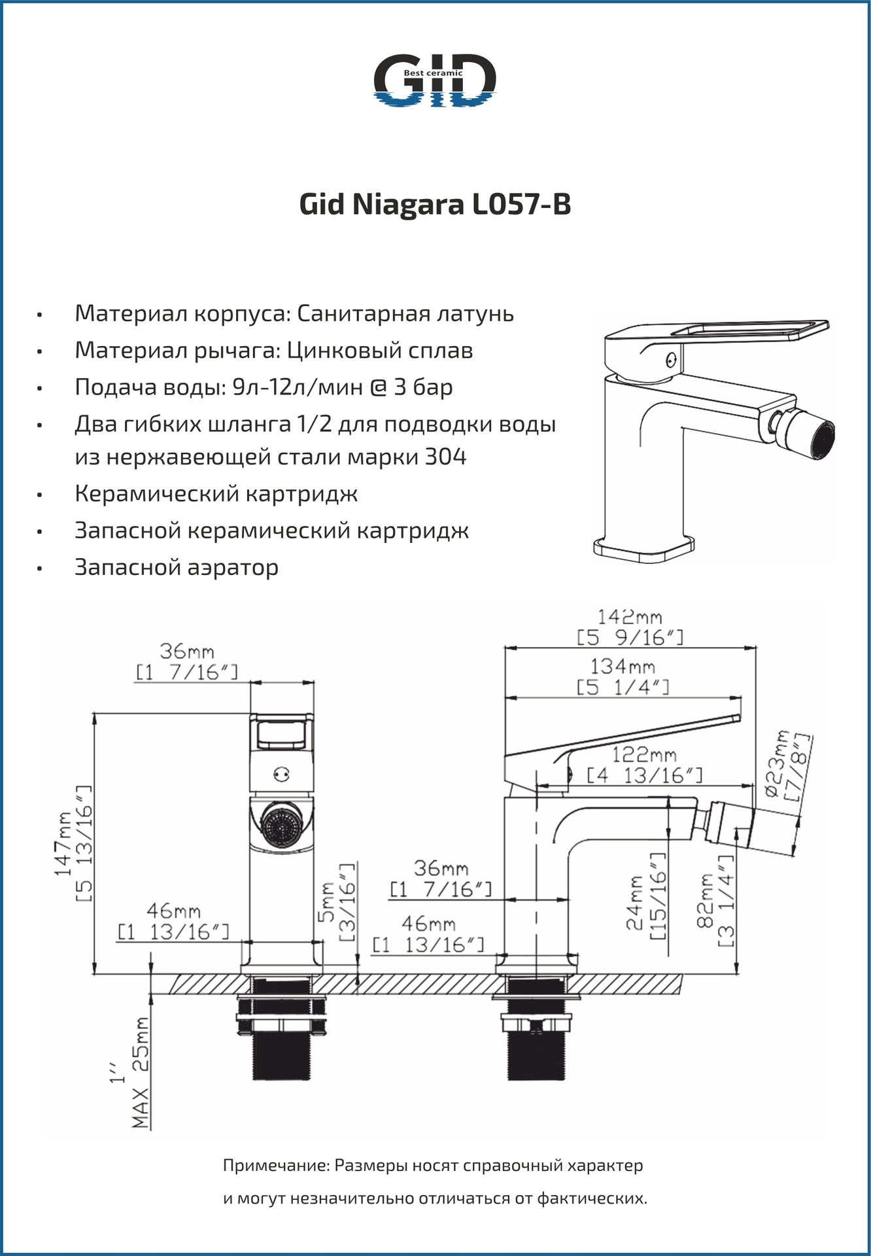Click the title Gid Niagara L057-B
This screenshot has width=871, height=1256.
pyautogui.click(x=435, y=205)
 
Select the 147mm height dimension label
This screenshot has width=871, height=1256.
pyautogui.click(x=64, y=843)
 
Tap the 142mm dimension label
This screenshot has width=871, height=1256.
pyautogui.click(x=630, y=618)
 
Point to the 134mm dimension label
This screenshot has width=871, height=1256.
pyautogui.click(x=623, y=667)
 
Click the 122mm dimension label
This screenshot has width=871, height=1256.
pyautogui.click(x=644, y=755)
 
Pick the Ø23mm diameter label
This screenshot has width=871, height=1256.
pyautogui.click(x=779, y=766)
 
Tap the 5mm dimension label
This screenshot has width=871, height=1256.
pyautogui.click(x=327, y=902)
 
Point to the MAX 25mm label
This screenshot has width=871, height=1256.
pyautogui.click(x=141, y=1073)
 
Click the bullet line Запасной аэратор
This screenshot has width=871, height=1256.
pyautogui.click(x=177, y=567)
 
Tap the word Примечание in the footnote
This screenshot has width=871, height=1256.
pyautogui.click(x=275, y=1166)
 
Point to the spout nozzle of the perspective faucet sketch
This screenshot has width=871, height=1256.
pyautogui.click(x=810, y=435)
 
